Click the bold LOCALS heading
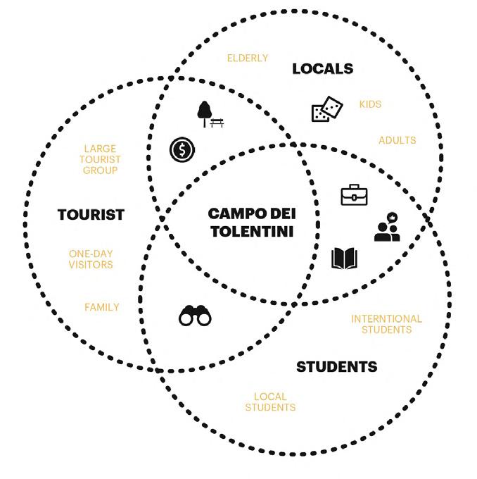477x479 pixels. coord(322,69)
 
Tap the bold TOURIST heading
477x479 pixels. coord(91,214)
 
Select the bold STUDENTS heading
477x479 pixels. coord(336,367)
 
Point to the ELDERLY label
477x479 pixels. coord(247,58)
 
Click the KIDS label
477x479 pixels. coord(370,104)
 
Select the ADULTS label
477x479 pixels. coord(397,140)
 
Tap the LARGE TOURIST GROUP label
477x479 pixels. coord(101,159)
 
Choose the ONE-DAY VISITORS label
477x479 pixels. coord(91,259)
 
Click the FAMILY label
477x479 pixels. coord(102,307)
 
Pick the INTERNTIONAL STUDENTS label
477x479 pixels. coord(386,324)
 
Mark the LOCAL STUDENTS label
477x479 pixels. coord(271,402)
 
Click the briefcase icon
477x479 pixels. coord(354,194)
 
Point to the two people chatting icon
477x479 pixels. coord(387,228)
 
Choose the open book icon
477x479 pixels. coord(344,259)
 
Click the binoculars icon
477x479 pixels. coord(195,315)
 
